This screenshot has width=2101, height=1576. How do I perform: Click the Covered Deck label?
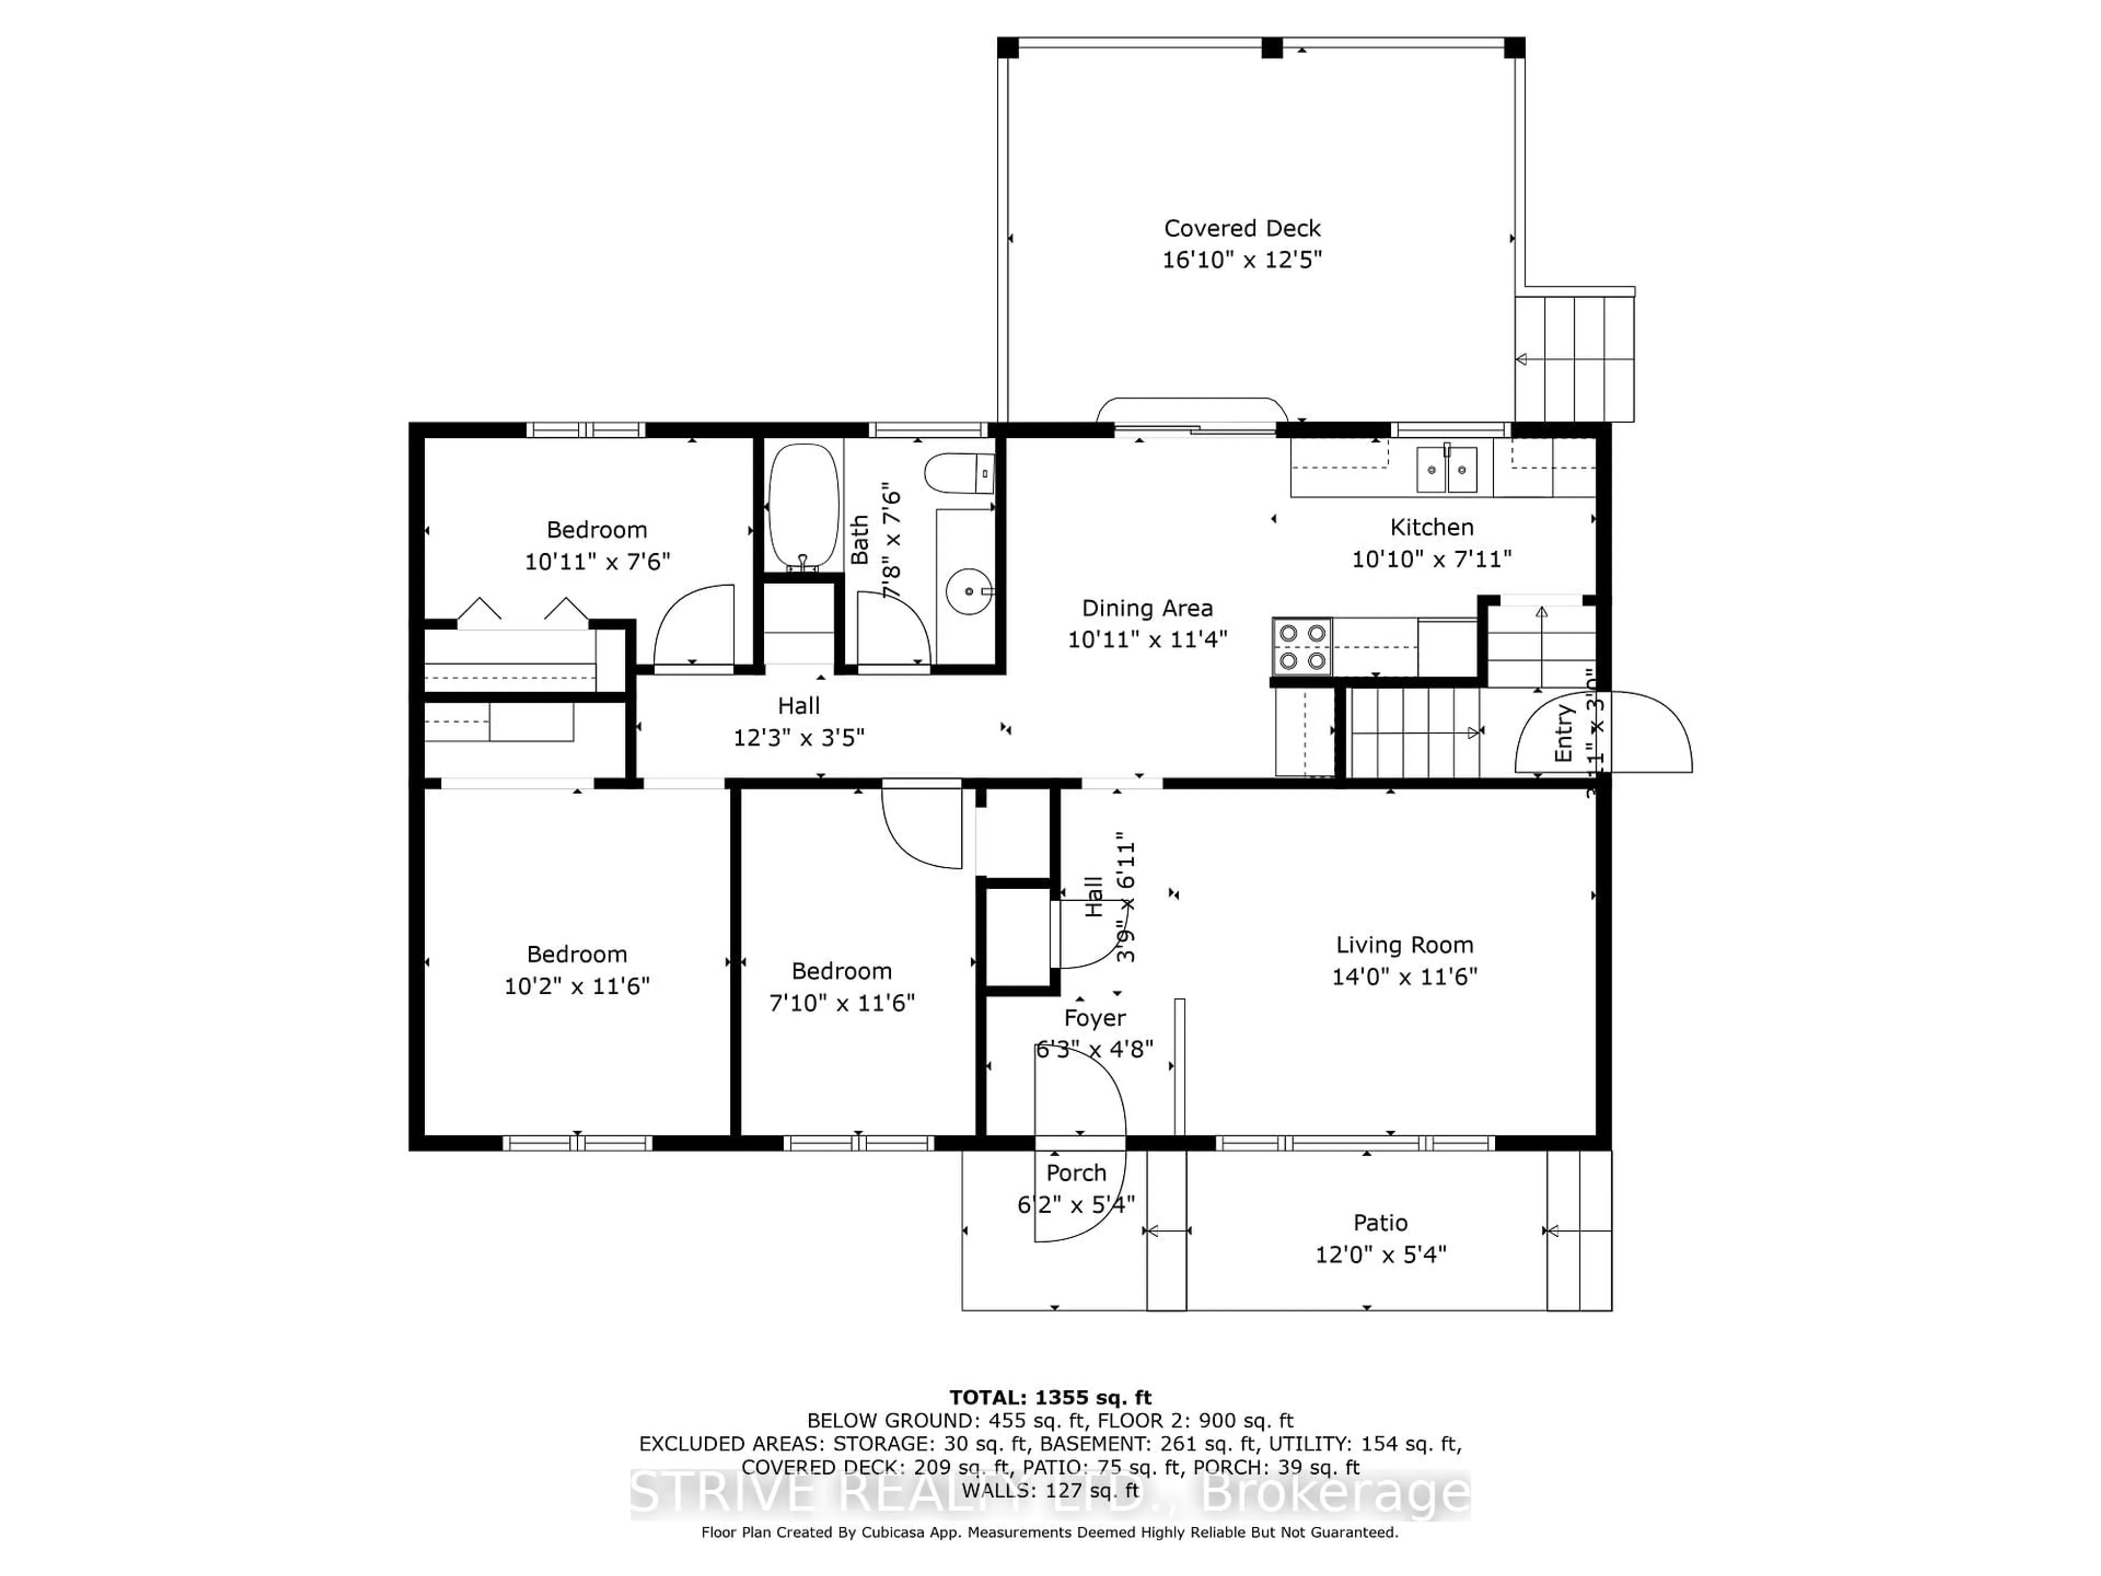pyautogui.click(x=1241, y=228)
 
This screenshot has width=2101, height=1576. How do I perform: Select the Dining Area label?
pyautogui.click(x=1146, y=608)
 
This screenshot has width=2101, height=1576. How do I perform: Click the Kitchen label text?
pyautogui.click(x=1431, y=527)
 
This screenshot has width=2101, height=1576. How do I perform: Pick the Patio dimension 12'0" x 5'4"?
pyautogui.click(x=1379, y=1254)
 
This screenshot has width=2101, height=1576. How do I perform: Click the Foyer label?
pyautogui.click(x=1094, y=1018)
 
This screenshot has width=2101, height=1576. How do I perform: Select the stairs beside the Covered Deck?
pyautogui.click(x=1574, y=358)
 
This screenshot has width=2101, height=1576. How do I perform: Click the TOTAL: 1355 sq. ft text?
pyautogui.click(x=1049, y=1398)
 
